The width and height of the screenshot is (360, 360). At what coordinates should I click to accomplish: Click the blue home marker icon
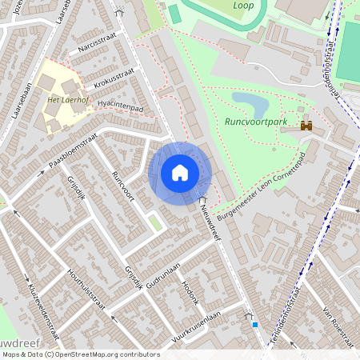(180, 173)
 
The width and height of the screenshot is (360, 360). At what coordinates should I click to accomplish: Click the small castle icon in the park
(306, 126)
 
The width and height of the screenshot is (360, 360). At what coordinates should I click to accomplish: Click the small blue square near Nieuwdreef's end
(255, 325)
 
